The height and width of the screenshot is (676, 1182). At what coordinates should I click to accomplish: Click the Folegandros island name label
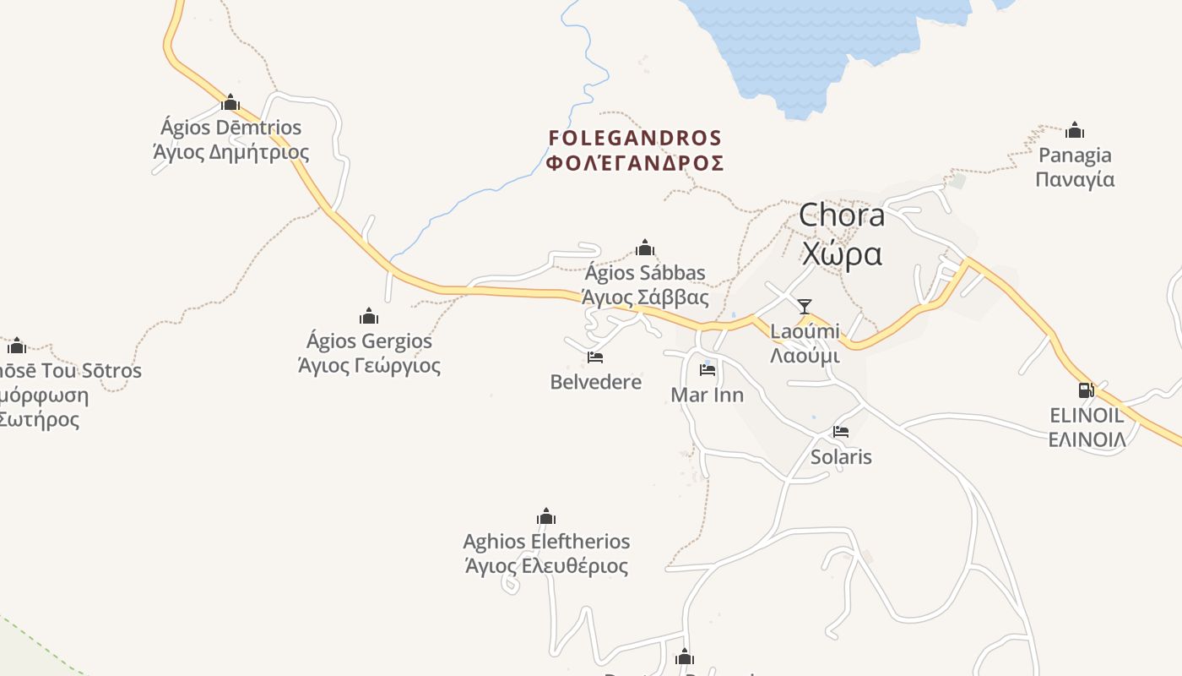point(635,150)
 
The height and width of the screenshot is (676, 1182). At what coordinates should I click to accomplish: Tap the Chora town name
point(842,215)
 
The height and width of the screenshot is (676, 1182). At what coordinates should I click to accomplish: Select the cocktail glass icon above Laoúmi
point(805,306)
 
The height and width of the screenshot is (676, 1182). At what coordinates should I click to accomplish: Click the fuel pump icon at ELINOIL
point(1086,390)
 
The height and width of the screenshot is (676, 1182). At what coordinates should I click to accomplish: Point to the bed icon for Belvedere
point(595,357)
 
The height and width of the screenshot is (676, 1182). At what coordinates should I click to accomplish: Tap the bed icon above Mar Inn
point(708,369)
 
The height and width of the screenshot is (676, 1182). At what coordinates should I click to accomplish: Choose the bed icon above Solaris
point(841,432)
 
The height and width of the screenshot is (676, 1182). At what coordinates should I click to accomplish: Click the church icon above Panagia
point(1075,130)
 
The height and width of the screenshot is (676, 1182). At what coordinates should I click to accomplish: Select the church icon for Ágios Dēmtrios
point(230,103)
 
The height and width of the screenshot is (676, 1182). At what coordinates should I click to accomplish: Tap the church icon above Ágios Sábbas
point(645,248)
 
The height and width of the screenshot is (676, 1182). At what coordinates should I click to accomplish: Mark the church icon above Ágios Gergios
point(369,317)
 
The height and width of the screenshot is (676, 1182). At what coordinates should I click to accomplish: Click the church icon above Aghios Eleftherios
point(546,517)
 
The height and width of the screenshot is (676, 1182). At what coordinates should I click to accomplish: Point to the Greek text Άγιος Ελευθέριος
point(546,565)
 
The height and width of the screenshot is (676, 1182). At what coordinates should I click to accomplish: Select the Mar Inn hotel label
point(707,395)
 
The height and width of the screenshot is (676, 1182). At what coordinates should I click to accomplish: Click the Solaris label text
point(841,457)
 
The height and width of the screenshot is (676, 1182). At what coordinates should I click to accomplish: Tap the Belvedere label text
point(595,382)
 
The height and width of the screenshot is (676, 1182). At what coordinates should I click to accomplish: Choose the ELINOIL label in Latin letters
point(1087,415)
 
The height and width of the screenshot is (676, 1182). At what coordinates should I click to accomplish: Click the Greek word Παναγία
point(1075,179)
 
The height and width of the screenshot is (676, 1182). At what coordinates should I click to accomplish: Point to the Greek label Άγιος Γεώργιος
point(369,366)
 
